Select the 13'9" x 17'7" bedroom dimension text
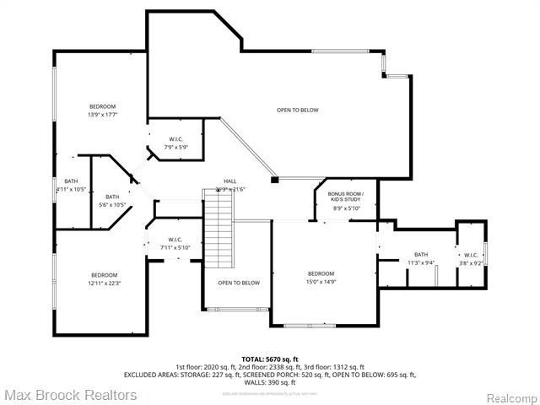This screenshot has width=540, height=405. (102, 115)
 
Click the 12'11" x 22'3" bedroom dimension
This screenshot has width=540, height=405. (104, 283)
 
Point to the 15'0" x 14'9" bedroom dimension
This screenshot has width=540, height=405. (321, 282)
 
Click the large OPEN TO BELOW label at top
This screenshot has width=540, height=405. (298, 110)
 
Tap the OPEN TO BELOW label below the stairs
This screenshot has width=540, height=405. (239, 283)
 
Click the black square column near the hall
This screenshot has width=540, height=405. (274, 179)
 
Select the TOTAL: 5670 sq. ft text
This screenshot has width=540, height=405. (270, 359)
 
